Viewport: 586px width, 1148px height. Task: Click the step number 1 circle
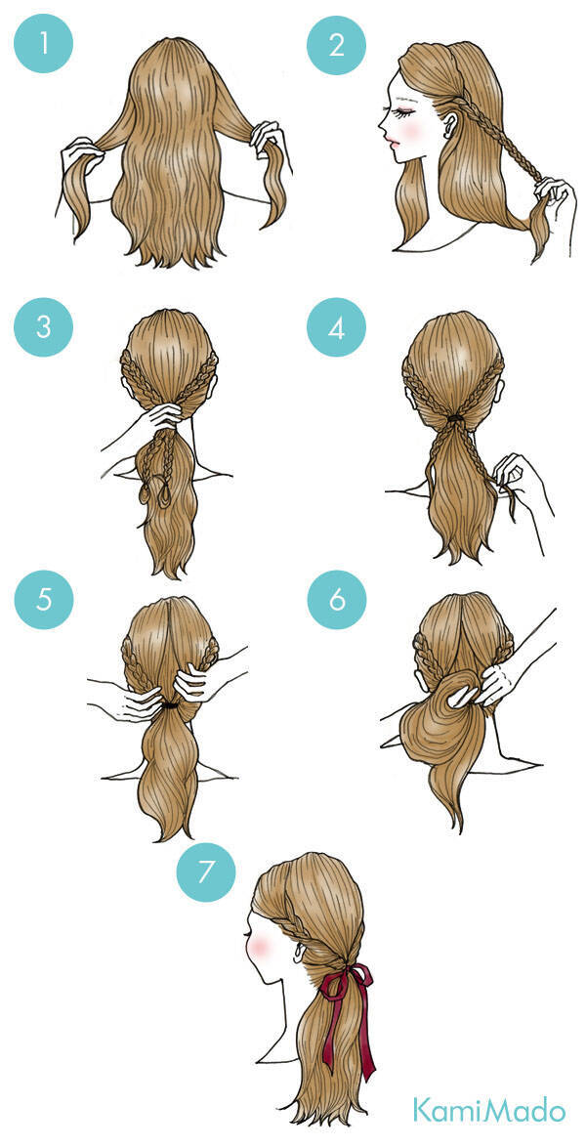pyautogui.click(x=43, y=44)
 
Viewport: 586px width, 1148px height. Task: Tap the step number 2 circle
pyautogui.click(x=337, y=44)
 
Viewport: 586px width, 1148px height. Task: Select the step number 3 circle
pyautogui.click(x=43, y=326)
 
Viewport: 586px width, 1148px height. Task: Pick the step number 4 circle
pyautogui.click(x=337, y=326)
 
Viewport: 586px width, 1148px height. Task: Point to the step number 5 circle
pyautogui.click(x=43, y=600)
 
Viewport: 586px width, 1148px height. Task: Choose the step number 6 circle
pyautogui.click(x=337, y=600)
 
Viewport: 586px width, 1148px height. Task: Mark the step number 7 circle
pyautogui.click(x=206, y=872)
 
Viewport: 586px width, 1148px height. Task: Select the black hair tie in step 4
pyautogui.click(x=456, y=417)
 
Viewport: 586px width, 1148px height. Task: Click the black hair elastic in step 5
pyautogui.click(x=170, y=705)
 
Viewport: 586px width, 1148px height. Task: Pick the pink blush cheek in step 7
pyautogui.click(x=259, y=948)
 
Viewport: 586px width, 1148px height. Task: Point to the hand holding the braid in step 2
pyautogui.click(x=550, y=193)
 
